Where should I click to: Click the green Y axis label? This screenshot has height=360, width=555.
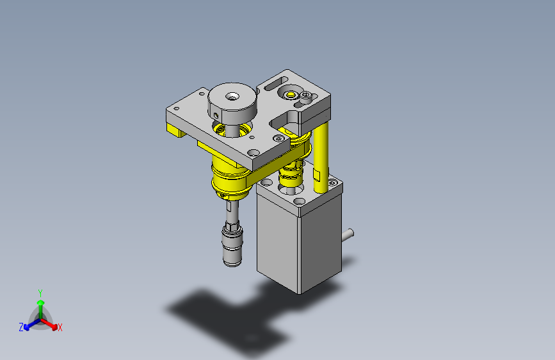coord(40,293)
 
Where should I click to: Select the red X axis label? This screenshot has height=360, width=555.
coord(60,327)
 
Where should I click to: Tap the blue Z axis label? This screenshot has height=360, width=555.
coord(21,327)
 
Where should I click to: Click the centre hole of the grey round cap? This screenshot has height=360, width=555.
coord(232,96)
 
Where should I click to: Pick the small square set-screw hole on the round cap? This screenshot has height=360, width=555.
coord(216,115)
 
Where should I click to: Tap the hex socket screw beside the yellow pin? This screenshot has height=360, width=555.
coord(306,95)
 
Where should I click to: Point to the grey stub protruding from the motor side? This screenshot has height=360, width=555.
coord(348,235)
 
